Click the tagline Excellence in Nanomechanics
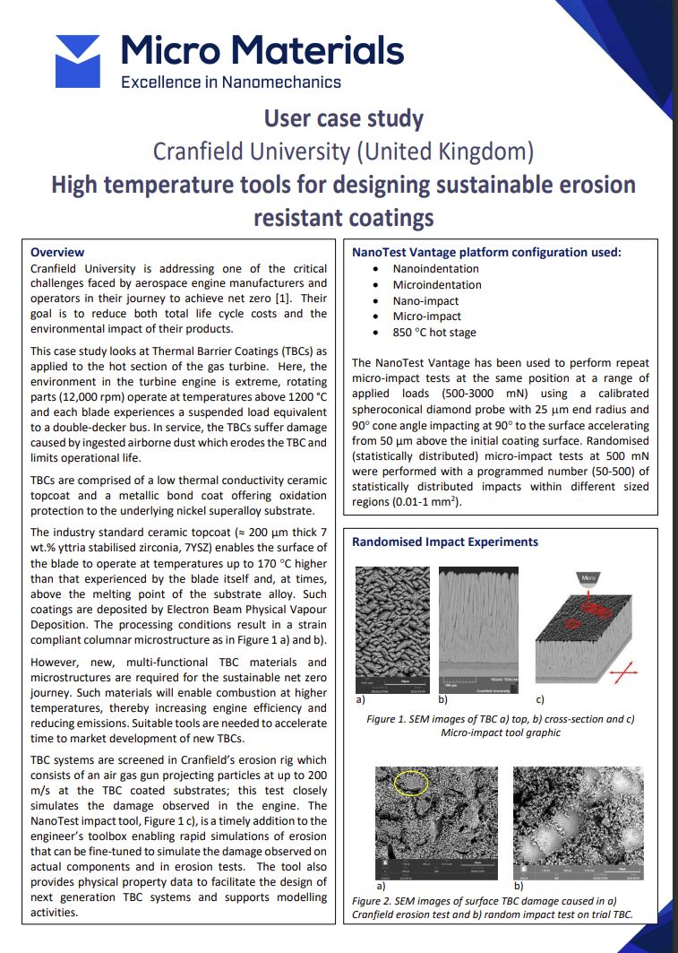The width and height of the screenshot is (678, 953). pyautogui.click(x=231, y=82)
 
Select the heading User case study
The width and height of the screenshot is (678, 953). pyautogui.click(x=343, y=118)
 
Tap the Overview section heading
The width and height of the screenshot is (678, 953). pyautogui.click(x=57, y=252)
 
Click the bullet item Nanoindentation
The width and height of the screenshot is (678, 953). pyautogui.click(x=435, y=268)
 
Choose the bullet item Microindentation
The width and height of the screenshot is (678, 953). pyautogui.click(x=437, y=284)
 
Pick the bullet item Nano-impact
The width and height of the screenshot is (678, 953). pyautogui.click(x=427, y=300)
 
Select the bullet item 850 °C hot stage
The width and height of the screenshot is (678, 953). pyautogui.click(x=434, y=333)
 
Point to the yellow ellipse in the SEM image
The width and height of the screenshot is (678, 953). pyautogui.click(x=411, y=783)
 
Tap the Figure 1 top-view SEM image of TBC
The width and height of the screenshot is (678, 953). pyautogui.click(x=388, y=628)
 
